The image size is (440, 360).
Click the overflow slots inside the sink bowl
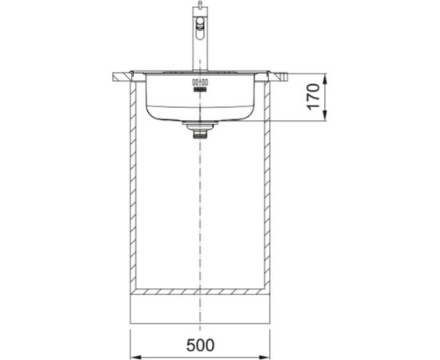click(198, 83)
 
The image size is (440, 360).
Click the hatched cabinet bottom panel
click(199, 290)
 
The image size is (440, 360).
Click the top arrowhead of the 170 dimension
click(324, 77)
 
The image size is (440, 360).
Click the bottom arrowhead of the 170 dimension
click(324, 119)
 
